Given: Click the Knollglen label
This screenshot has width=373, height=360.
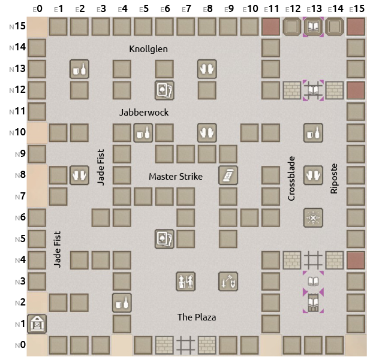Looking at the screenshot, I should [149, 49].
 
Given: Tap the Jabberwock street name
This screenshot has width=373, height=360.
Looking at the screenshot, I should [144, 112].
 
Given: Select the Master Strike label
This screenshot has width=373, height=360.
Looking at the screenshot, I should [176, 177].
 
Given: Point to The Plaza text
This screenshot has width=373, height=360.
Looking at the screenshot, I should [197, 317].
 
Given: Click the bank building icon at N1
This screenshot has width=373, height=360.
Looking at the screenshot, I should [37, 324].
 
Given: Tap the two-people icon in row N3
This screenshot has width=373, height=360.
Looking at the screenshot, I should [186, 281].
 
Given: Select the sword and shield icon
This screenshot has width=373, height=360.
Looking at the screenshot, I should [228, 281].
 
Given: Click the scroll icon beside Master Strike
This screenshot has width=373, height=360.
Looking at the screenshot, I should [228, 175].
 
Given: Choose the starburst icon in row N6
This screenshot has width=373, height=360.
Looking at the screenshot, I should [313, 217].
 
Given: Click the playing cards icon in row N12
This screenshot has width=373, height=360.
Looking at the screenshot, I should [164, 90].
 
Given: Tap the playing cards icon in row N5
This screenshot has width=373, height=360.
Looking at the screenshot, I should [164, 238].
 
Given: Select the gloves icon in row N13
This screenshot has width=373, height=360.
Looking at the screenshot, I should [207, 69].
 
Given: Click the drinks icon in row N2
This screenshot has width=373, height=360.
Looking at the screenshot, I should [122, 302].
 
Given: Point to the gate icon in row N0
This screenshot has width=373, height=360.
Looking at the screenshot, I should [186, 345].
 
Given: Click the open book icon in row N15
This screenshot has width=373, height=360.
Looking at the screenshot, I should [313, 26].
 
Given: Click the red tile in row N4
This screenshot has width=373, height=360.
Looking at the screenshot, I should [356, 260].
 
